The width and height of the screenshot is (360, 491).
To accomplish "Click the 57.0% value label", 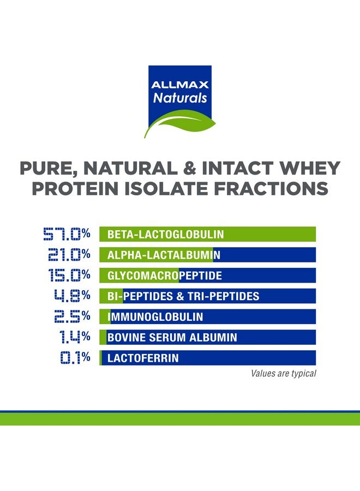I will pyautogui.click(x=67, y=235).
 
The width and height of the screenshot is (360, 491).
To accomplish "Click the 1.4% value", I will pyautogui.click(x=74, y=337).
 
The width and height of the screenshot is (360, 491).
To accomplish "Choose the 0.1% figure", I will pyautogui.click(x=73, y=358).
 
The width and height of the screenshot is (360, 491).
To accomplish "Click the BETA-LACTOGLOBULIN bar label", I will pyautogui.click(x=166, y=235).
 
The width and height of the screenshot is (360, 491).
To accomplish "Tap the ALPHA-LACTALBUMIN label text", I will pyautogui.click(x=164, y=255).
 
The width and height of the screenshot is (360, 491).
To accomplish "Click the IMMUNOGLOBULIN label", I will pyautogui.click(x=155, y=317).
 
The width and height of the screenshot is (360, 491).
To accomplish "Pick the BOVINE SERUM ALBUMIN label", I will pyautogui.click(x=172, y=338).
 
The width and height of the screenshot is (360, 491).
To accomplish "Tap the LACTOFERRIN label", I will pyautogui.click(x=143, y=358).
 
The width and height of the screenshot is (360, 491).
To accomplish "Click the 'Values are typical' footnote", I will pyautogui.click(x=283, y=374).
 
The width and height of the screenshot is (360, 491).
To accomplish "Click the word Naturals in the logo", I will pyautogui.click(x=180, y=99).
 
